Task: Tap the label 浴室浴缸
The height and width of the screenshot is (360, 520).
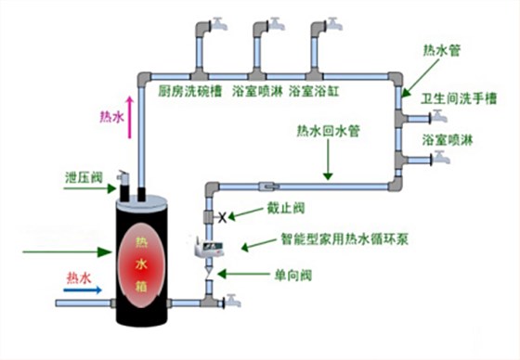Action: pos(318,92)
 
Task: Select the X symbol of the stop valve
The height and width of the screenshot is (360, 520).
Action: pos(222,217)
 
